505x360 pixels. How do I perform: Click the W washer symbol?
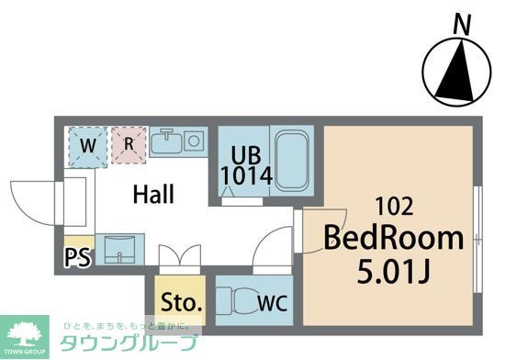tap(88, 144)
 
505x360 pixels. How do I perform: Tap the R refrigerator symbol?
tap(129, 144)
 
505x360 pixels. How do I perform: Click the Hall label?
tap(153, 194)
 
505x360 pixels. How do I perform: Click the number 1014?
tap(246, 176)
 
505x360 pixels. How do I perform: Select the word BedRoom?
tap(392, 239)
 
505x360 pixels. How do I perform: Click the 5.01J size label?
tap(392, 272)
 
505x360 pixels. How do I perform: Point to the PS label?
tap(78, 257)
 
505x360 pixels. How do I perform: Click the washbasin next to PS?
tap(119, 249)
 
